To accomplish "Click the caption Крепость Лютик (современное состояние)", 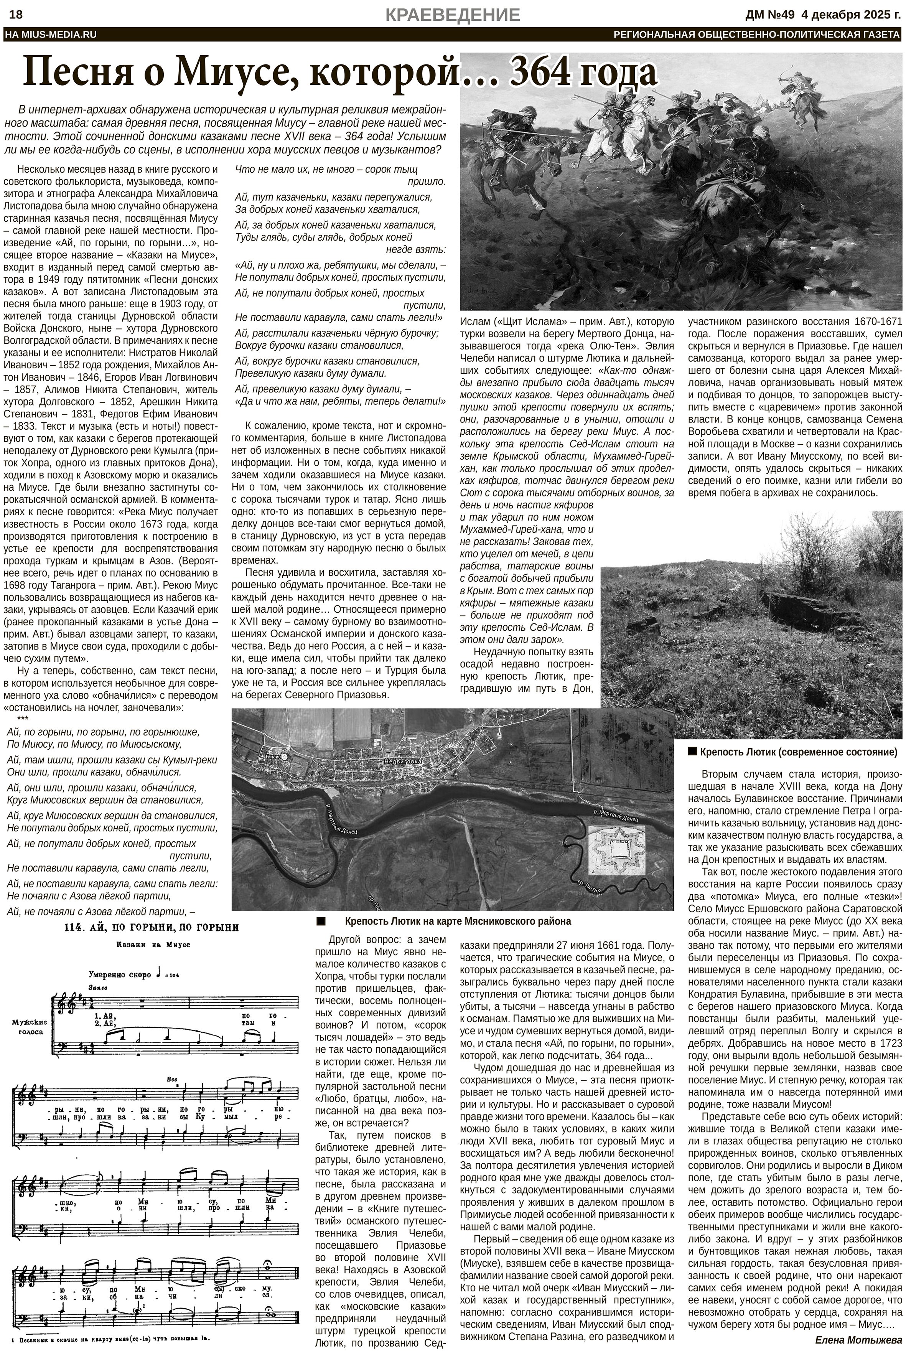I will [x=798, y=752].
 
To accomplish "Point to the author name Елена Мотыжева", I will [x=857, y=1335].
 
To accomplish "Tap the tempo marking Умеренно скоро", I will [x=119, y=974].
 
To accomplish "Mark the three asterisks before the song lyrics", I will [x=23, y=719].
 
